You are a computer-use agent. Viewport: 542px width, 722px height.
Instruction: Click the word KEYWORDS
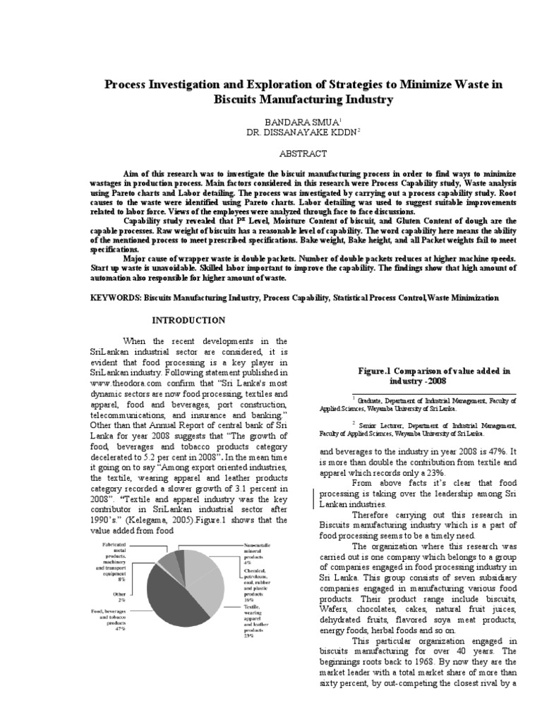pos(115,298)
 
